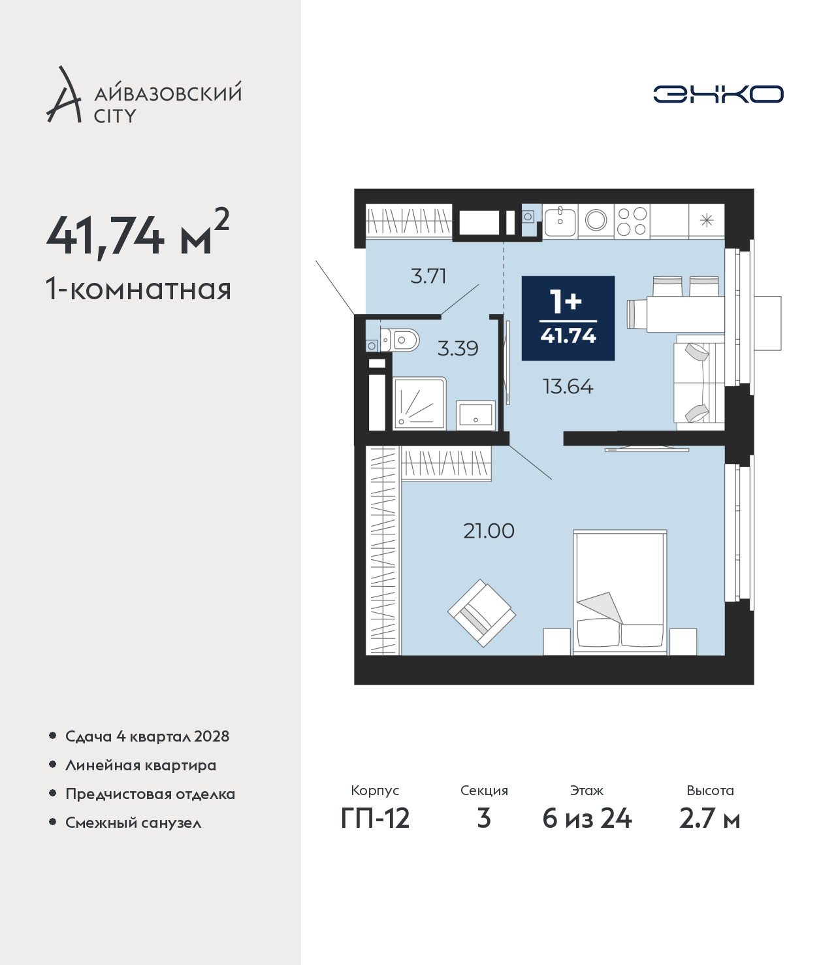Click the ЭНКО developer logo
pyautogui.click(x=718, y=94)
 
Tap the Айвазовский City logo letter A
pyautogui.click(x=64, y=95)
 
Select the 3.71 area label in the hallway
pyautogui.click(x=428, y=276)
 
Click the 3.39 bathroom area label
pyautogui.click(x=457, y=348)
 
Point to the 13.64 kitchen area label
pyautogui.click(x=568, y=387)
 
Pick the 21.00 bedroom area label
pyautogui.click(x=489, y=531)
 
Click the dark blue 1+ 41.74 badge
pyautogui.click(x=568, y=318)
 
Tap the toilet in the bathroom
pyautogui.click(x=399, y=340)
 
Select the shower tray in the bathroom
pyautogui.click(x=420, y=403)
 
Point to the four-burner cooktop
pyautogui.click(x=632, y=221)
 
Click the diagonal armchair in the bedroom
pyautogui.click(x=482, y=613)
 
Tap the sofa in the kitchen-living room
pyautogui.click(x=699, y=382)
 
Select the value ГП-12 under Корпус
pyautogui.click(x=376, y=818)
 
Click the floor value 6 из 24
pyautogui.click(x=587, y=818)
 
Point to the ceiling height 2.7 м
pyautogui.click(x=709, y=818)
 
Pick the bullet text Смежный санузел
pyautogui.click(x=133, y=823)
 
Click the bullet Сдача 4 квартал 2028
pyautogui.click(x=148, y=736)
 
